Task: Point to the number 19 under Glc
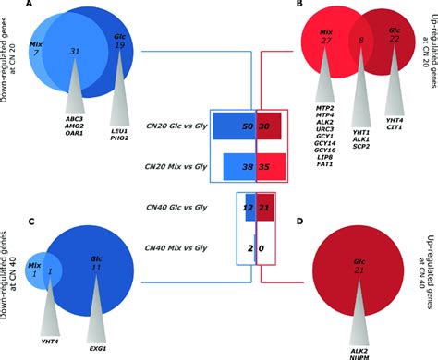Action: point(120,54)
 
